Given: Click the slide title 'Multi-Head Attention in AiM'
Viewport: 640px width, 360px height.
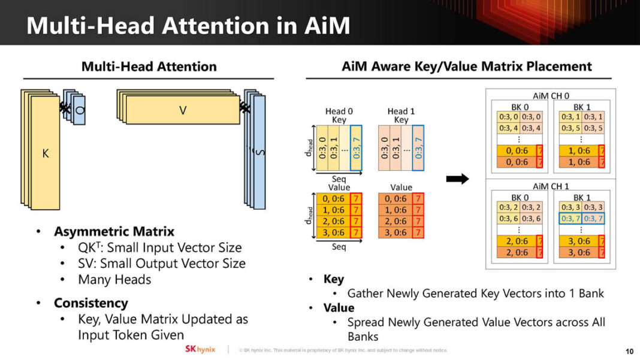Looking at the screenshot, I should (188, 26).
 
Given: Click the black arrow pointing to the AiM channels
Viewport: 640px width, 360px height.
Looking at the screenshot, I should (457, 179).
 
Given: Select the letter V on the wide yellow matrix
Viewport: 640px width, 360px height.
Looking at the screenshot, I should (183, 110).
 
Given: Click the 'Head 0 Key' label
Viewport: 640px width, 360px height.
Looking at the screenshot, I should (339, 115).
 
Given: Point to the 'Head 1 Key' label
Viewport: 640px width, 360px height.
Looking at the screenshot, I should (401, 115).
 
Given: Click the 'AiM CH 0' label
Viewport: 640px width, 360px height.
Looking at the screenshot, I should (551, 95).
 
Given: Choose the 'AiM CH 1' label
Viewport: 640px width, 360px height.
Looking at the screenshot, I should (551, 186).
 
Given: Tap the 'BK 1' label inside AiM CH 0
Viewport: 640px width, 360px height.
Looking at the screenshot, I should (582, 106).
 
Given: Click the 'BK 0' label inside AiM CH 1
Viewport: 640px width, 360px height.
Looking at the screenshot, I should (520, 197).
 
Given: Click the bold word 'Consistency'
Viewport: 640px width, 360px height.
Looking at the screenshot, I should (90, 303).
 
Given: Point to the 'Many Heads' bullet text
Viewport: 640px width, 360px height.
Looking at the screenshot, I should (114, 279).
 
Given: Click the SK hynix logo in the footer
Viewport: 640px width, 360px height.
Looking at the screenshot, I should (200, 349).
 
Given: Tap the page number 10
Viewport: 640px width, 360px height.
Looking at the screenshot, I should (629, 350).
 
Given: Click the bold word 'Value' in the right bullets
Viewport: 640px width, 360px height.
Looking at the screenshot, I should (339, 308).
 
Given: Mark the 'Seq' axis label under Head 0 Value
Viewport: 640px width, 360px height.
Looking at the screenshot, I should (339, 247).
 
